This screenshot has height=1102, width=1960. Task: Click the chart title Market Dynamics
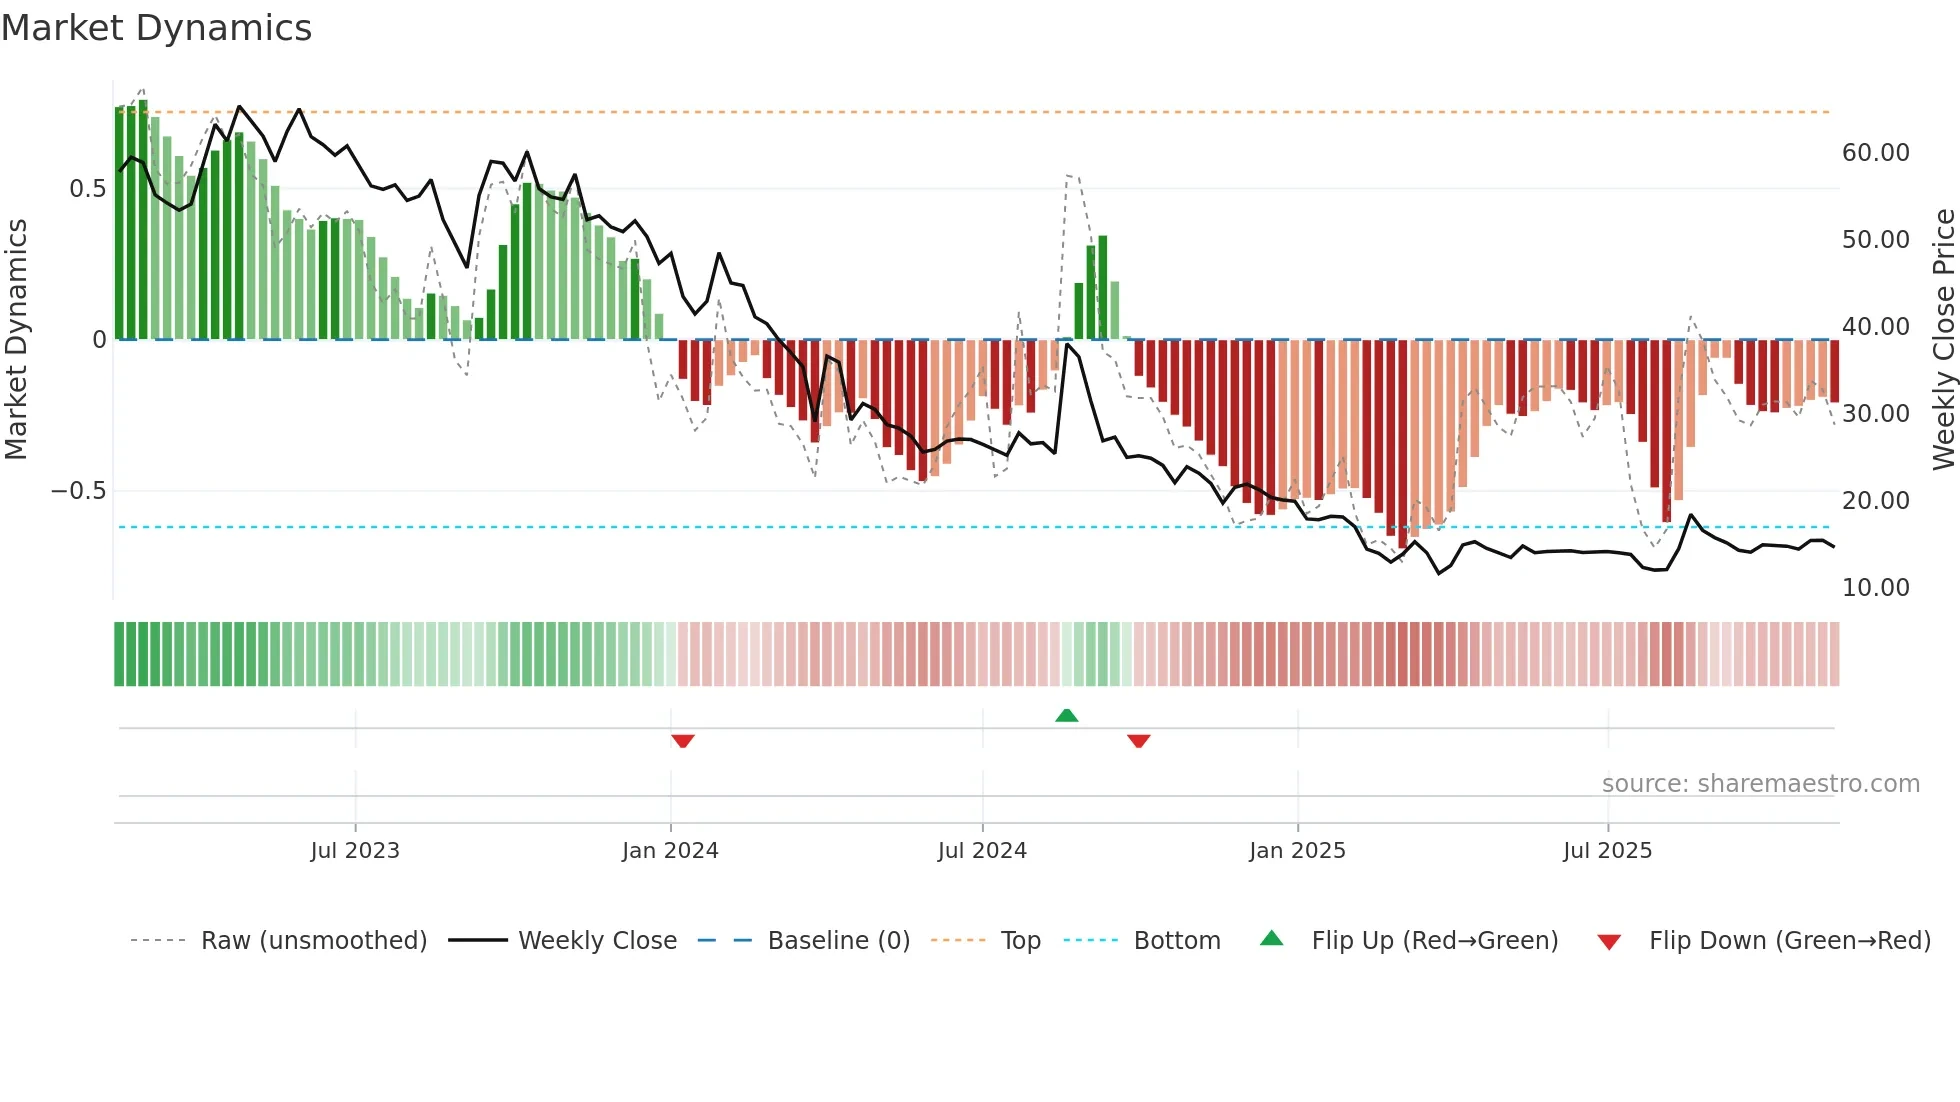click(x=157, y=28)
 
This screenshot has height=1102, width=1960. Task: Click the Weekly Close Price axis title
click(x=1943, y=339)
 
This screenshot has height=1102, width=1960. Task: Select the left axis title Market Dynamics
click(x=16, y=339)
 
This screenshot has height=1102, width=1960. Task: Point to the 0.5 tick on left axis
click(x=87, y=189)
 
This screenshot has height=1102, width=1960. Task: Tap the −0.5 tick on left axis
click(x=79, y=491)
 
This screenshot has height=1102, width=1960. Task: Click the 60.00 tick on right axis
click(x=1875, y=153)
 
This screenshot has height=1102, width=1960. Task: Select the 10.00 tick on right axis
click(x=1875, y=588)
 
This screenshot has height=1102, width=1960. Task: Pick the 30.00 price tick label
click(x=1875, y=414)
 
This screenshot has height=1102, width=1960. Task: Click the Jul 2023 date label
click(x=355, y=851)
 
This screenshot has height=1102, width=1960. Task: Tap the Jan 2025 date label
click(x=1297, y=851)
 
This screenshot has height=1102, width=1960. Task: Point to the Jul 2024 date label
click(x=982, y=851)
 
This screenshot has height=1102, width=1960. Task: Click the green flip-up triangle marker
click(x=1067, y=716)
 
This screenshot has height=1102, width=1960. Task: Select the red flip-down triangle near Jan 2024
click(x=683, y=741)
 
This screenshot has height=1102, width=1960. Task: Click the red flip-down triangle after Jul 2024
click(x=1138, y=741)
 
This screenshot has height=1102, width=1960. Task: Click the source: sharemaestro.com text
click(x=1760, y=784)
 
